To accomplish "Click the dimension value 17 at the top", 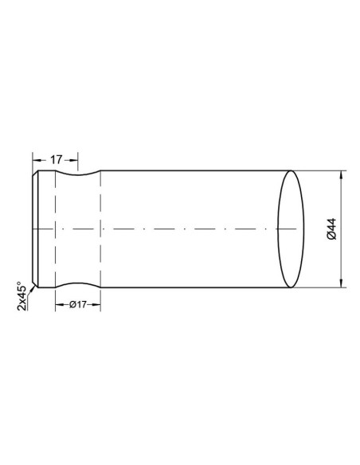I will click(x=56, y=159).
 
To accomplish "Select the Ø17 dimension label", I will click(x=77, y=305).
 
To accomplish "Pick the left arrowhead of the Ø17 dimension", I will click(x=57, y=305).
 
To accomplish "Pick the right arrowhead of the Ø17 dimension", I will click(x=98, y=305).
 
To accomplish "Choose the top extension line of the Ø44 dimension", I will click(x=319, y=170).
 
